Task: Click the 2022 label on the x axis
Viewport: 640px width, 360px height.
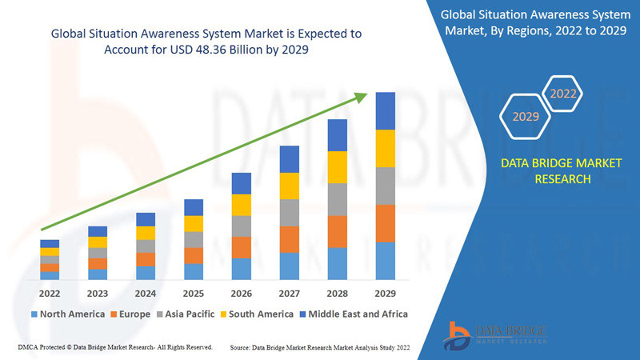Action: click(x=50, y=293)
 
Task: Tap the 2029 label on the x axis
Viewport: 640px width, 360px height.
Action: click(x=386, y=293)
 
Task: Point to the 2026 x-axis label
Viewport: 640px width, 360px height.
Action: click(x=242, y=293)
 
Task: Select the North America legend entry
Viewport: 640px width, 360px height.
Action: click(x=67, y=314)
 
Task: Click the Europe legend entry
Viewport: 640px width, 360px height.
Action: click(x=132, y=314)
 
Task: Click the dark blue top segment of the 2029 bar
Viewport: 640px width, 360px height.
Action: click(x=386, y=110)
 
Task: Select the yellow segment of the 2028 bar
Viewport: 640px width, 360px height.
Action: click(x=338, y=166)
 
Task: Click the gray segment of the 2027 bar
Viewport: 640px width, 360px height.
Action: click(x=290, y=213)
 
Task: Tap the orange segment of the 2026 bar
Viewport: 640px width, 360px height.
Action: click(x=242, y=247)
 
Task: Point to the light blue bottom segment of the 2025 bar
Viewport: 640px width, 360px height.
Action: click(x=194, y=271)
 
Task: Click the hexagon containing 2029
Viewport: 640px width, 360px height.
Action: click(x=526, y=117)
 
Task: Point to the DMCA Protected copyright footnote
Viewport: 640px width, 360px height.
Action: click(x=114, y=347)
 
